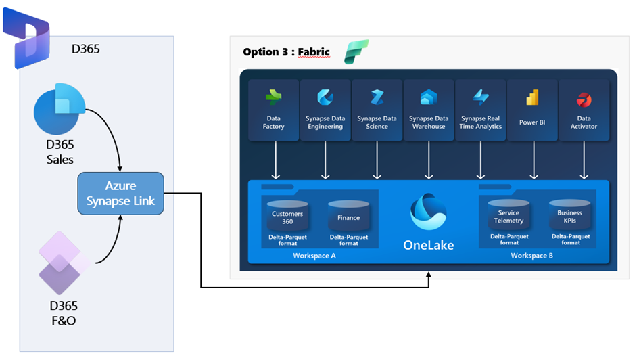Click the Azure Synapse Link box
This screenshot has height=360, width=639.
(x=121, y=193)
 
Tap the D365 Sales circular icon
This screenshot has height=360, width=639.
(x=59, y=108)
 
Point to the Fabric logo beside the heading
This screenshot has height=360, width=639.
(x=356, y=52)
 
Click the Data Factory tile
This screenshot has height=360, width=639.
(x=273, y=110)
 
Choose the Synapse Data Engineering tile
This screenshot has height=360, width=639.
(x=325, y=110)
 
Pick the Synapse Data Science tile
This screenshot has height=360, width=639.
(x=377, y=110)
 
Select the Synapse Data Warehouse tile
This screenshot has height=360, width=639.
(x=429, y=110)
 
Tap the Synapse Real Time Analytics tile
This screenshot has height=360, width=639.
(x=481, y=110)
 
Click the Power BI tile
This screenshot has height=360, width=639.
(x=532, y=110)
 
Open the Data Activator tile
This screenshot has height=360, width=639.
(x=584, y=110)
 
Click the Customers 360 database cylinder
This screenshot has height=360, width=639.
(x=287, y=216)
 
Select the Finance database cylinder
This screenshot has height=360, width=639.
(x=348, y=216)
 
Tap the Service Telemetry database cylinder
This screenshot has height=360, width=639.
(x=508, y=215)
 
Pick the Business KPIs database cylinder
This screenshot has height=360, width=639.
(x=570, y=215)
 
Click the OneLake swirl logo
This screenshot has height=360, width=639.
(x=429, y=211)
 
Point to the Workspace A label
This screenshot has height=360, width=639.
(x=314, y=256)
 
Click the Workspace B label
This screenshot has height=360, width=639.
(x=532, y=256)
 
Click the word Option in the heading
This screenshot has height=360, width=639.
(x=260, y=52)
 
